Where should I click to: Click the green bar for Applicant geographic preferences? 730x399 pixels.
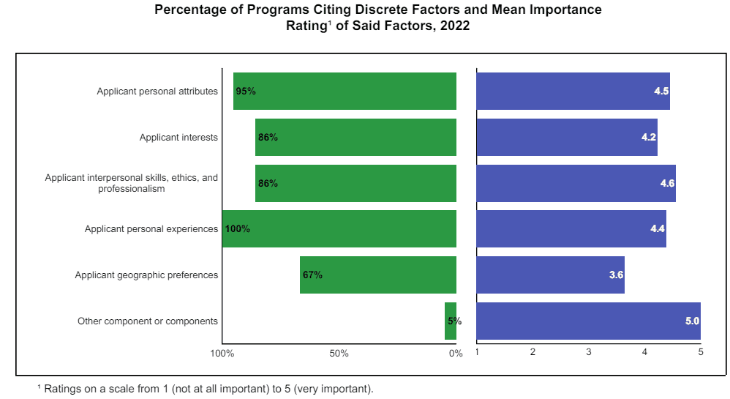pos(377,275)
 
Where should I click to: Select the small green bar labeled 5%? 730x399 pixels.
pos(451,321)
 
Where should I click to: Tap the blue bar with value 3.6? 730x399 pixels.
pos(550,275)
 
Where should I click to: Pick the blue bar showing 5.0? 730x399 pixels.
pos(588,321)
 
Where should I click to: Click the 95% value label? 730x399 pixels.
pos(246,92)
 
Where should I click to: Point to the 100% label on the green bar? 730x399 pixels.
pos(238,229)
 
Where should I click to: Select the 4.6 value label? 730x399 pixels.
pos(667,184)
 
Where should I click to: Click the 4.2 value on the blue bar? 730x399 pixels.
pos(648,138)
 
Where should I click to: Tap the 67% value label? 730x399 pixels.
pos(312,275)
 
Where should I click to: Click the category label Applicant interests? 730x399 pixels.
pos(178,138)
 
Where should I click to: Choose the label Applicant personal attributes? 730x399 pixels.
pos(157,92)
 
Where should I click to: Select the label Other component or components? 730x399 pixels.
pos(148,321)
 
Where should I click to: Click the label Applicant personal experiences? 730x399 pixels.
pos(151,229)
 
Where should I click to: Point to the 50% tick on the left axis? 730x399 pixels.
pos(339,354)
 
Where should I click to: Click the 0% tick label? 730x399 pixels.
pos(456,354)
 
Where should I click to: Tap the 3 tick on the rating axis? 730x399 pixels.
pos(589,353)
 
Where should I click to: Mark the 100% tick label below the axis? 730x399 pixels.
pos(222,354)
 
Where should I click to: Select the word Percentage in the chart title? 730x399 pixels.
pos(189,10)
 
